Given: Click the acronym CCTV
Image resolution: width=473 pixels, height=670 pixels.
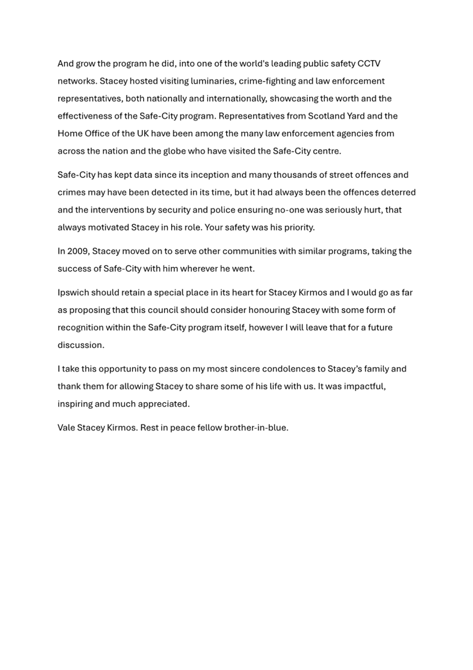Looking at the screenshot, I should [369, 64].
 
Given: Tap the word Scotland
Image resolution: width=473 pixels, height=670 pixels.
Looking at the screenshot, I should [329, 116].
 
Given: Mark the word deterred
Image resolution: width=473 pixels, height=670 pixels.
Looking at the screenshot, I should [397, 192].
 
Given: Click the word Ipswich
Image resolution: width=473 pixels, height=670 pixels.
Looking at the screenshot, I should [73, 292].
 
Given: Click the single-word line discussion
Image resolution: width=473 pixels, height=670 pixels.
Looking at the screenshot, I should [81, 345].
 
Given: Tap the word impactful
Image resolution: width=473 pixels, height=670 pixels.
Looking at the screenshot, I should [361, 387].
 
